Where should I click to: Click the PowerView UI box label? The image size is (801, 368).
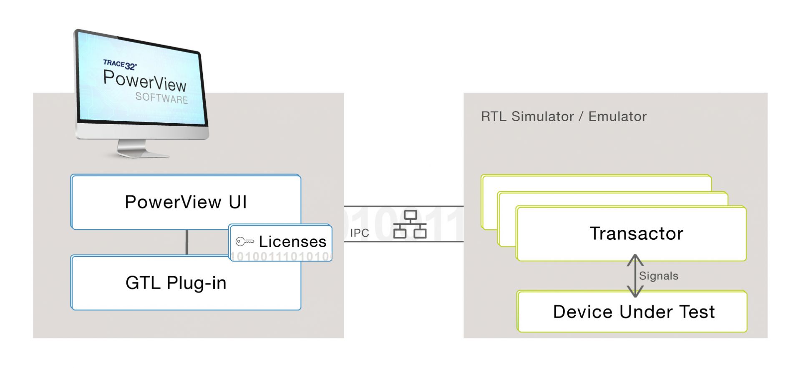pyautogui.click(x=186, y=202)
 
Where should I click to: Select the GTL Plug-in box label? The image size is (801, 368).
pyautogui.click(x=176, y=283)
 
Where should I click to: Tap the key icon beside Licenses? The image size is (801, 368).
pyautogui.click(x=244, y=241)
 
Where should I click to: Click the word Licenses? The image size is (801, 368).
pyautogui.click(x=292, y=241)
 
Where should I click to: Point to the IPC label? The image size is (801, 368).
pyautogui.click(x=360, y=233)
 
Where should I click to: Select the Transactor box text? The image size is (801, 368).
pyautogui.click(x=636, y=233)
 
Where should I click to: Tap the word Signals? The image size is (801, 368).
pyautogui.click(x=658, y=276)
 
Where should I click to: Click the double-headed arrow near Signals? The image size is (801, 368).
pyautogui.click(x=635, y=276)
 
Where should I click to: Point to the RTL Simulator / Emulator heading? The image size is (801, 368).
pyautogui.click(x=563, y=117)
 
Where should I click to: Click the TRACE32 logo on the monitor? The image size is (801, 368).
pyautogui.click(x=120, y=64)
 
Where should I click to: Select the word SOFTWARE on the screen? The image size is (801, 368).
pyautogui.click(x=161, y=98)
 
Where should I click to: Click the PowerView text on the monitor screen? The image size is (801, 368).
pyautogui.click(x=144, y=81)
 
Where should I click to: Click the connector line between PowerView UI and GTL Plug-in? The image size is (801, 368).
pyautogui.click(x=186, y=242)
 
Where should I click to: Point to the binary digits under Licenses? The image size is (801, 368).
pyautogui.click(x=280, y=256)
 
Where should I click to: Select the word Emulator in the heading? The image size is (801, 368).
pyautogui.click(x=617, y=117)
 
